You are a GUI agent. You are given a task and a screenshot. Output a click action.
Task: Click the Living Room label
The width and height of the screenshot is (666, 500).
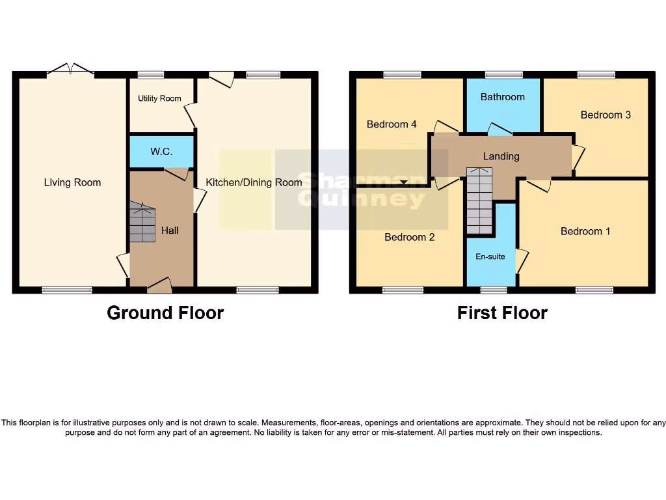(72, 182)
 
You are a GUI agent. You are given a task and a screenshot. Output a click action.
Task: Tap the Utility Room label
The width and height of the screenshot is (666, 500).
(159, 98)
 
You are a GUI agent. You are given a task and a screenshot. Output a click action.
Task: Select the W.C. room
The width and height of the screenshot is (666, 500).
(161, 152)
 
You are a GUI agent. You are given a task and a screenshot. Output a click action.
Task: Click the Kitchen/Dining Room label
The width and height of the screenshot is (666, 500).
(254, 182)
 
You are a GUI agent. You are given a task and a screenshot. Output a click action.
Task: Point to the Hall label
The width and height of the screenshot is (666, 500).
(170, 230)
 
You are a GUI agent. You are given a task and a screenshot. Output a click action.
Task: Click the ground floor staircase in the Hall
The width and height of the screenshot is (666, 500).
(142, 222)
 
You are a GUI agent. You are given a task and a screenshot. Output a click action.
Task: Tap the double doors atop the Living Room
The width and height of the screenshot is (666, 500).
(70, 70)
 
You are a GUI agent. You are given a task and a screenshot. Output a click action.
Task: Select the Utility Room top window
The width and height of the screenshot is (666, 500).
(151, 75)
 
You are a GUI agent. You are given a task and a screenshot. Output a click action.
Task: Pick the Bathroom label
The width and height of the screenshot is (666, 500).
(502, 97)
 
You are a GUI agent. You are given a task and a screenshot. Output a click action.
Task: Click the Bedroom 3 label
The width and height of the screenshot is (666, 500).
(606, 115)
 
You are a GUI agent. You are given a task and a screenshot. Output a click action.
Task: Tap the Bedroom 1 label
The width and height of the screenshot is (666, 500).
(585, 231)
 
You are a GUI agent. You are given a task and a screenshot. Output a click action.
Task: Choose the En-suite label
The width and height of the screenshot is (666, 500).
(490, 257)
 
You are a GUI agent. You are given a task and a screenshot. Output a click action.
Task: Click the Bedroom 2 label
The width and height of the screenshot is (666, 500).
(409, 237)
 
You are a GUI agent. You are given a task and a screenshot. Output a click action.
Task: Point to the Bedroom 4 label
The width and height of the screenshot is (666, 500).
(392, 124)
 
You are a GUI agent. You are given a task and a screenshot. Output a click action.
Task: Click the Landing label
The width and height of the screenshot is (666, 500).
(501, 156)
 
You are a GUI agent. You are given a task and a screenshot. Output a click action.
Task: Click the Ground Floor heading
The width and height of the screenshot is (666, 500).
(165, 313)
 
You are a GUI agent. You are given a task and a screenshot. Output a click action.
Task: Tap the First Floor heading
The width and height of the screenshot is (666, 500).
(502, 313)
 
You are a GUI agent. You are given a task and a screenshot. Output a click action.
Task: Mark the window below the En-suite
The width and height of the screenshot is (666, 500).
(494, 290)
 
